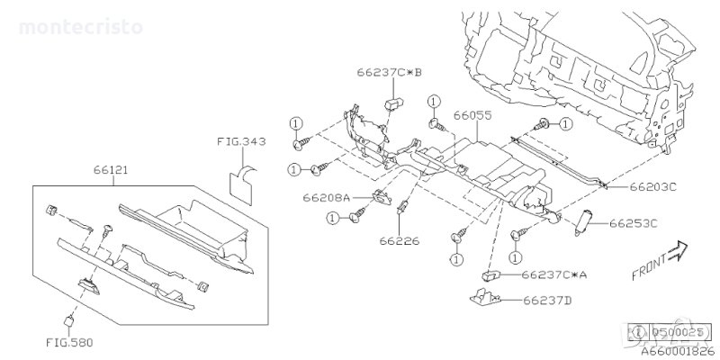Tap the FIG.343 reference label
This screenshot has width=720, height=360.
(239, 141)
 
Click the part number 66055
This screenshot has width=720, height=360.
(472, 116)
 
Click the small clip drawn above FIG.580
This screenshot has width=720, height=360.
(67, 319)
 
